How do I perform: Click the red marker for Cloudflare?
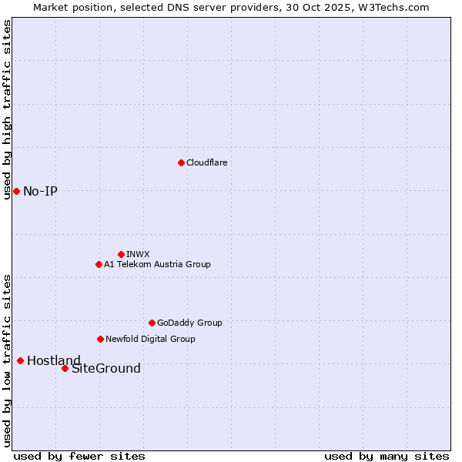click(x=181, y=162)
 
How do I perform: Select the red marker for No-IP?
click(x=16, y=191)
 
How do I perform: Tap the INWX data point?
click(x=121, y=254)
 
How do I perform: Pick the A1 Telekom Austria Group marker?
click(x=99, y=264)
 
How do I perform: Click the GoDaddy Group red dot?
click(x=152, y=323)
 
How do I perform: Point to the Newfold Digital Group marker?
click(x=100, y=339)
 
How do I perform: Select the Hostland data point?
click(x=20, y=360)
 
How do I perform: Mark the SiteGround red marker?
click(x=65, y=368)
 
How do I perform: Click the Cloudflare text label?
click(x=206, y=162)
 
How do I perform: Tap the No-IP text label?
click(x=40, y=191)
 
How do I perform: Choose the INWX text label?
click(x=138, y=254)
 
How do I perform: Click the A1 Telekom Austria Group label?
click(x=157, y=264)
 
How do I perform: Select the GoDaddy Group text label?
click(x=189, y=323)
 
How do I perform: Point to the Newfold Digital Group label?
click(x=150, y=339)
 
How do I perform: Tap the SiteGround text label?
click(x=106, y=368)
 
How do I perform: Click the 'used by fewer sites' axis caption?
click(x=79, y=456)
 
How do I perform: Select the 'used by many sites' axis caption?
click(x=387, y=456)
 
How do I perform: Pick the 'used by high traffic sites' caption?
click(x=7, y=109)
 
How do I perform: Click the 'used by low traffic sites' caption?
click(x=7, y=360)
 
